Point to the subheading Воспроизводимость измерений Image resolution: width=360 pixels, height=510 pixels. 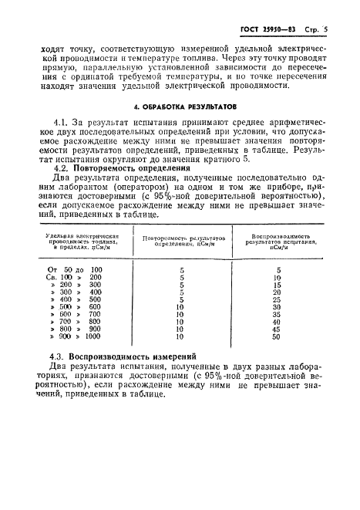pos(134,356)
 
